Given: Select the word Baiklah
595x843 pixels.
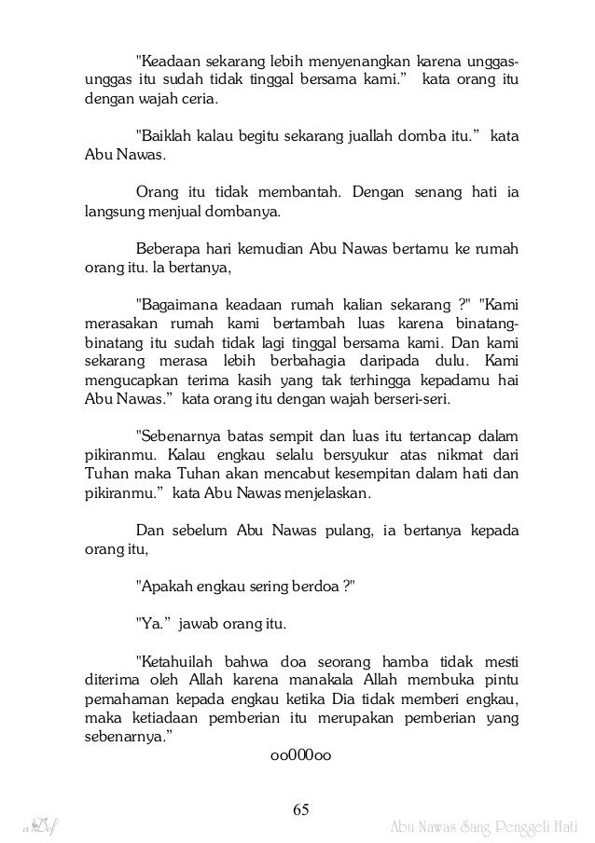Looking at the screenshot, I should tap(169, 137).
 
